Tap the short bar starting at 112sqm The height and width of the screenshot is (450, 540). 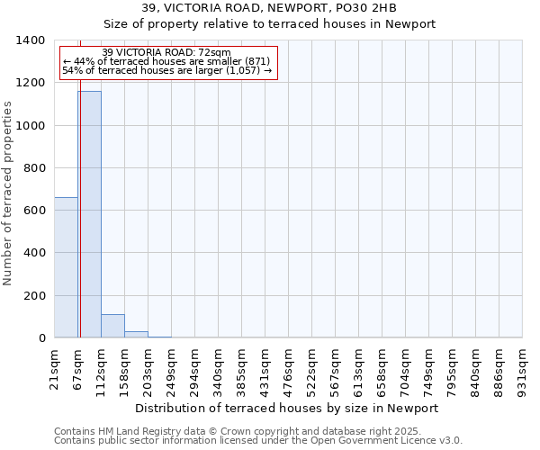[112, 326]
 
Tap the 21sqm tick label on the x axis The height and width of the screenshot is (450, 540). [55, 366]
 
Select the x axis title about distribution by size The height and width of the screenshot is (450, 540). [288, 408]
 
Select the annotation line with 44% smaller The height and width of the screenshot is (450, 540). [166, 61]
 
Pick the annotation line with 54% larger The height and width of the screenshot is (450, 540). [166, 70]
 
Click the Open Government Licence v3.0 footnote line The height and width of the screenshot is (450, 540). [257, 441]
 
